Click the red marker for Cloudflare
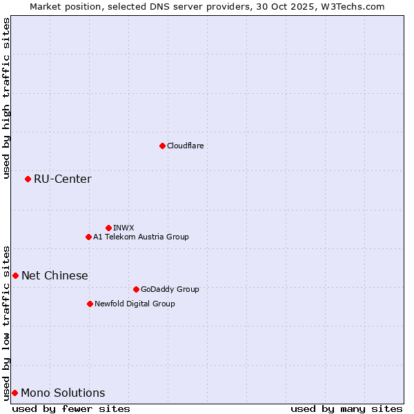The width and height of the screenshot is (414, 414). (162, 146)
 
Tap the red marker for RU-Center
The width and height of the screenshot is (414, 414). (28, 179)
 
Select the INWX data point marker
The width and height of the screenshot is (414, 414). (108, 228)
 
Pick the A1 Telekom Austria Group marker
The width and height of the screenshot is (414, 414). (88, 237)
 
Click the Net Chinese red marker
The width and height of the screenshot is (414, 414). (15, 275)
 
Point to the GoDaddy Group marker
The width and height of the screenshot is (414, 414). (136, 289)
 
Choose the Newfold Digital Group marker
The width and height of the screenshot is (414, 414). (90, 304)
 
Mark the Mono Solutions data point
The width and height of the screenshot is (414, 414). (14, 393)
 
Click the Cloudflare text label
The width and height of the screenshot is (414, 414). (186, 146)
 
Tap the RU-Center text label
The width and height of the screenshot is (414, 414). (63, 179)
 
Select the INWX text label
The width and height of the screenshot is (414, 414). (124, 228)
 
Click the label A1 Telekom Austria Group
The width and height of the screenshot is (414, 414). (141, 237)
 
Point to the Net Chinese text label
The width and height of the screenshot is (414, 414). (55, 276)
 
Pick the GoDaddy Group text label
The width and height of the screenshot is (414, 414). (170, 289)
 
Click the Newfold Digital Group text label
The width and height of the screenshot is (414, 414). (135, 304)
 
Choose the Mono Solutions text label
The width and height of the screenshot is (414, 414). (63, 393)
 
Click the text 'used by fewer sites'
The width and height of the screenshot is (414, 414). (71, 408)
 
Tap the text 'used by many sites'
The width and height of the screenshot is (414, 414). (346, 408)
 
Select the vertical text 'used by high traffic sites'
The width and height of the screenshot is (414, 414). (6, 98)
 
